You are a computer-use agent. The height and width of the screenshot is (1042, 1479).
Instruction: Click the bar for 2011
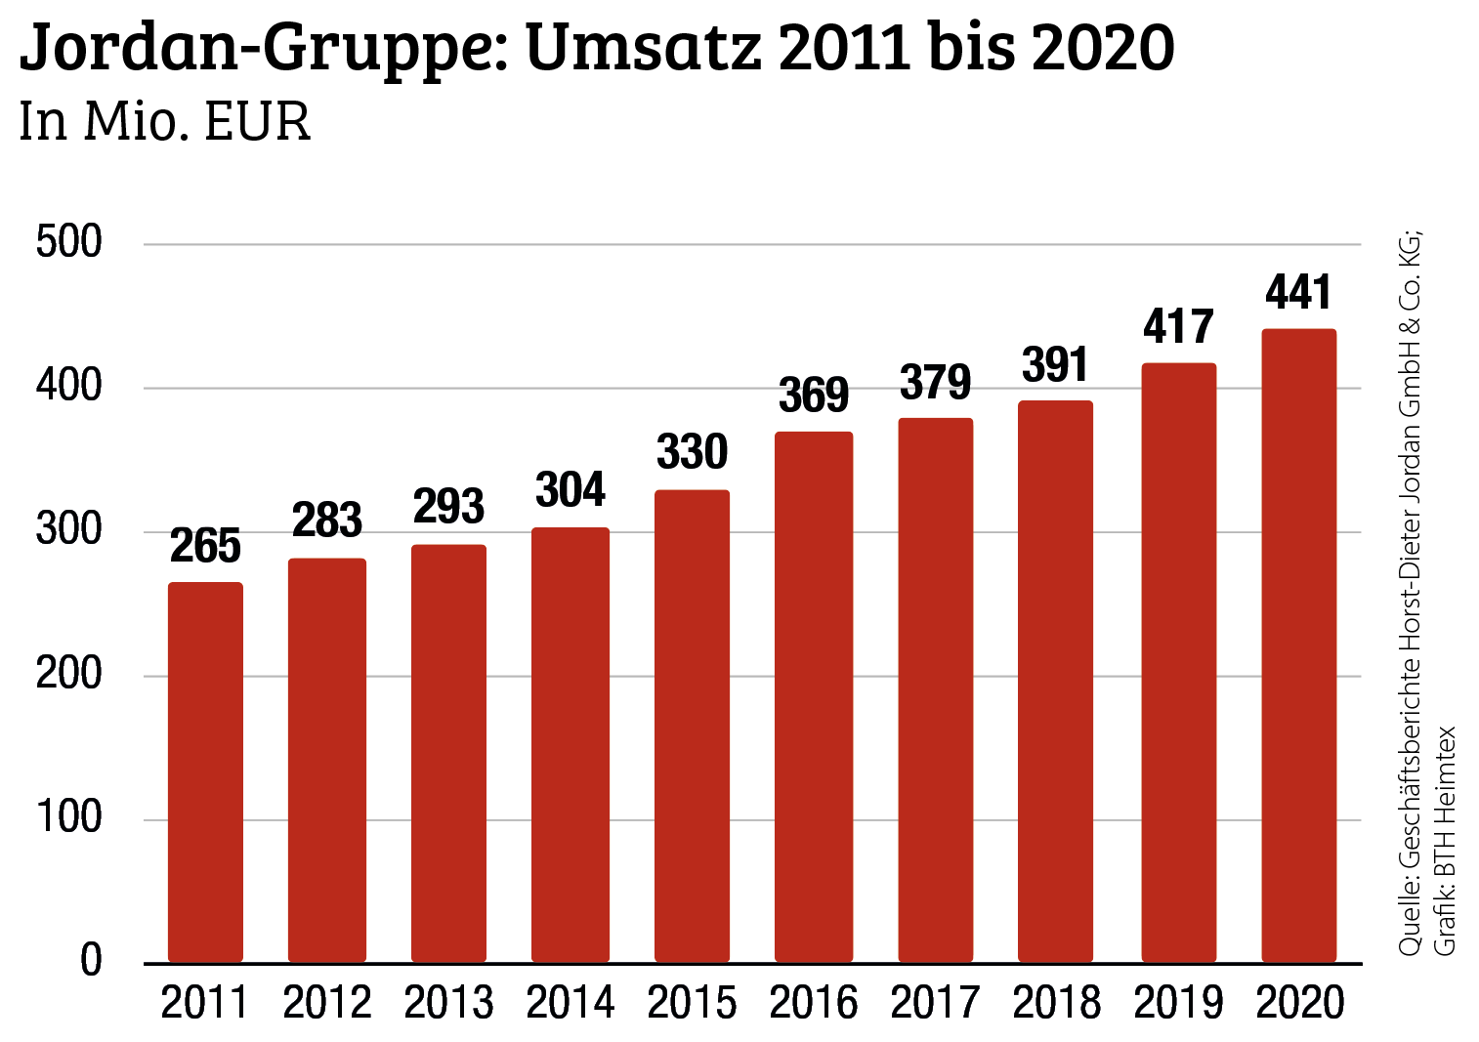205,771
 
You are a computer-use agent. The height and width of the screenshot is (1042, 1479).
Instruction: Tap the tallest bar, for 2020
1298,646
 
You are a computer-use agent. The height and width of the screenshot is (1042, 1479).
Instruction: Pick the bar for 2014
570,744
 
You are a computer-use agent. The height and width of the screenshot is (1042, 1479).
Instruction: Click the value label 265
205,546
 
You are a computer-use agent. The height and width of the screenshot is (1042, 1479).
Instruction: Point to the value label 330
692,452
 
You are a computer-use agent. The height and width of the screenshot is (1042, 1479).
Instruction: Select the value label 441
1298,292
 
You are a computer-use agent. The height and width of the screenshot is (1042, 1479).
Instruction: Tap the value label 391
1055,365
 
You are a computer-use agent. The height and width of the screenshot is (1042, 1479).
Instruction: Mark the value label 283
327,521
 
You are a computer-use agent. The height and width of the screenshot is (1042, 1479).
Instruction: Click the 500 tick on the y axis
68,242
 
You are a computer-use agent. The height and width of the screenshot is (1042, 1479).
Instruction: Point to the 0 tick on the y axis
91,961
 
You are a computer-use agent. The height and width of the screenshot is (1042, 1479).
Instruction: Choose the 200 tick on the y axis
68,674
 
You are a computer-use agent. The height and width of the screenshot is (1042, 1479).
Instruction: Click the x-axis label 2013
448,1004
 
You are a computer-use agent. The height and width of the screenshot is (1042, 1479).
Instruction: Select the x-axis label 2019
1178,1004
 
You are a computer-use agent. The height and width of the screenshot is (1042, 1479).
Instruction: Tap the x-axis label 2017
935,1004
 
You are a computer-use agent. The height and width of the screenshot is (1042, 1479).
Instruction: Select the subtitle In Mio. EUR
164,123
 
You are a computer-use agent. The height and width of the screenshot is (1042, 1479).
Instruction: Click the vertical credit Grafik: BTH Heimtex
1444,840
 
